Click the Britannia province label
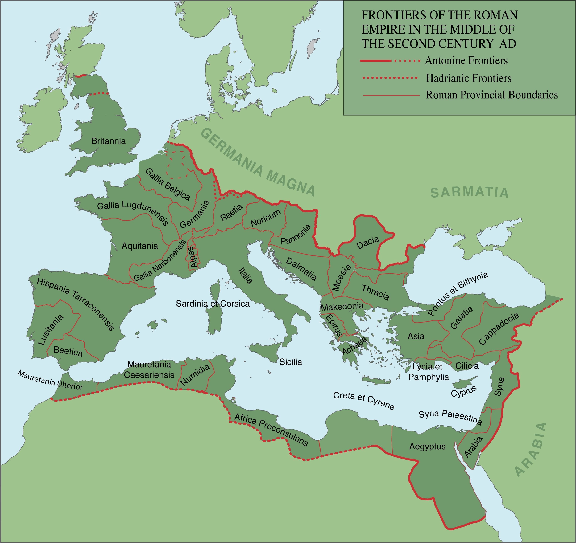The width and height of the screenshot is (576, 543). click(x=108, y=141)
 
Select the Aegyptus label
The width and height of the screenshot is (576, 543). click(x=427, y=446)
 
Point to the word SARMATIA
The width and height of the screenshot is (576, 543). click(x=469, y=192)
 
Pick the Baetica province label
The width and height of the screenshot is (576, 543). click(x=68, y=351)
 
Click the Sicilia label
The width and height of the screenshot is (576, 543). click(x=291, y=362)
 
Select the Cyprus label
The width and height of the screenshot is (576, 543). click(x=464, y=392)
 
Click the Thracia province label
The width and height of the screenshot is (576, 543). click(x=375, y=292)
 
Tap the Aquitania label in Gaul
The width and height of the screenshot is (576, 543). click(x=140, y=246)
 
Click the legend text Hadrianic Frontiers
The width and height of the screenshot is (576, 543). click(x=469, y=78)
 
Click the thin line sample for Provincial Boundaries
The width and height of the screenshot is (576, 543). click(x=391, y=95)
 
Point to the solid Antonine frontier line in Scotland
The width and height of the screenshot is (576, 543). click(x=81, y=76)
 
